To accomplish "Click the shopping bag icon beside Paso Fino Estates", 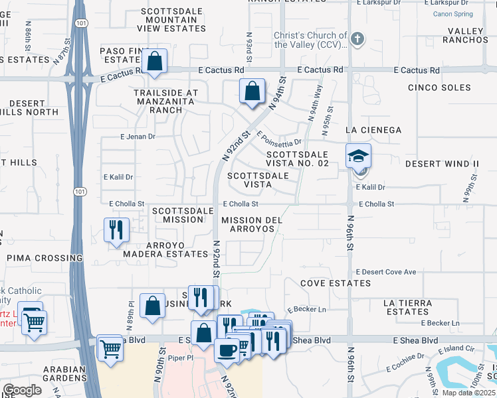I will pyautogui.click(x=154, y=62).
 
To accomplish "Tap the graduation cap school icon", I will pyautogui.click(x=358, y=156).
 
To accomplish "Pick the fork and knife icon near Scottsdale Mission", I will pyautogui.click(x=116, y=230).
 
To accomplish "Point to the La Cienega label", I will pyautogui.click(x=373, y=129).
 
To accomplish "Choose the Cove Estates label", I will pyautogui.click(x=336, y=283).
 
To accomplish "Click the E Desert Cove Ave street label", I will pyautogui.click(x=386, y=272).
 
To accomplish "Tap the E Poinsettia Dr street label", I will pyautogui.click(x=279, y=140).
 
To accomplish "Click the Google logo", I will pyautogui.click(x=22, y=390).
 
